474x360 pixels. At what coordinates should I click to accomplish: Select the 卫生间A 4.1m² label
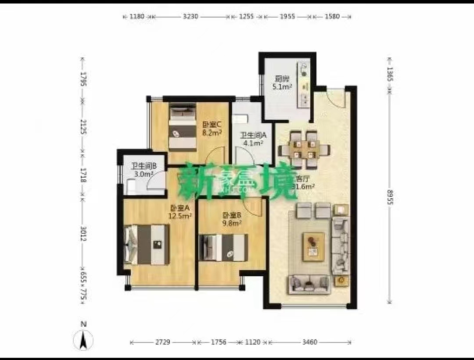click(x=251, y=139)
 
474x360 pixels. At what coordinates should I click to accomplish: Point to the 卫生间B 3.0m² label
click(x=142, y=170)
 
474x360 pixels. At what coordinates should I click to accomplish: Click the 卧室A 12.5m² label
click(x=180, y=212)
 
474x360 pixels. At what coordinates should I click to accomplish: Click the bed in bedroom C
click(x=182, y=127)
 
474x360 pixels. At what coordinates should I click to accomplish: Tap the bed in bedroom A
click(x=147, y=244)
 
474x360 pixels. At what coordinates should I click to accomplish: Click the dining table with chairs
click(x=304, y=150)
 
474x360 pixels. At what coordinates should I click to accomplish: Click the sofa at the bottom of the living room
click(x=309, y=284)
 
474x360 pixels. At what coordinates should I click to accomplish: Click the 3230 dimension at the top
click(x=190, y=17)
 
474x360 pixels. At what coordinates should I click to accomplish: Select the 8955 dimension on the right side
click(x=389, y=195)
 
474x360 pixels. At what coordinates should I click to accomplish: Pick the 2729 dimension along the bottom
click(x=162, y=342)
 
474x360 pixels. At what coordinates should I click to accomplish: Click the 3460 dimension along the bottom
click(x=310, y=342)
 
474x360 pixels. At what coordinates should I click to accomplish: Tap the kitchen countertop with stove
click(x=303, y=86)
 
